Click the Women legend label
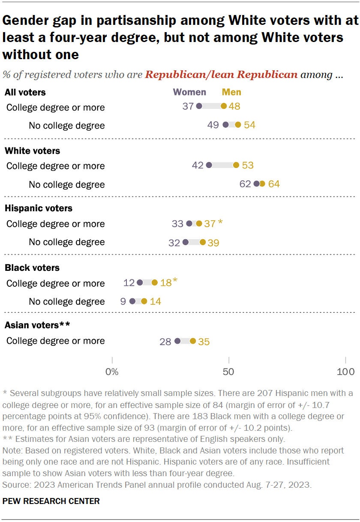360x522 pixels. point(189,92)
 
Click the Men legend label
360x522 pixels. point(231,92)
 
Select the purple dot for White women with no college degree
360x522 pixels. point(257,184)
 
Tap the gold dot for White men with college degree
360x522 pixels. point(236,165)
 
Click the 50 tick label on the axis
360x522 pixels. point(229,372)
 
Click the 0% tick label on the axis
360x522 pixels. point(112,372)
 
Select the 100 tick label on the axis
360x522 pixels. point(345,372)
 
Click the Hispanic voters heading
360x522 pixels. point(38,208)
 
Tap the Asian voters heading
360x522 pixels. point(37,325)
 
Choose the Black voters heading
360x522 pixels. point(32,268)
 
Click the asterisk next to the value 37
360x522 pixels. point(220,223)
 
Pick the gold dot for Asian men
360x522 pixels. point(193,341)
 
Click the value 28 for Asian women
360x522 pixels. point(165,342)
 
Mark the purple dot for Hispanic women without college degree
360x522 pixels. point(186,242)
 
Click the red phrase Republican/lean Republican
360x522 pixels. point(221,75)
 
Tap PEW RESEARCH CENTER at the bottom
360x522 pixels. point(52,501)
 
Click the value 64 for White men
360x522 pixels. point(274,184)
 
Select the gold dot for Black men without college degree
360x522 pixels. point(144,301)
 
